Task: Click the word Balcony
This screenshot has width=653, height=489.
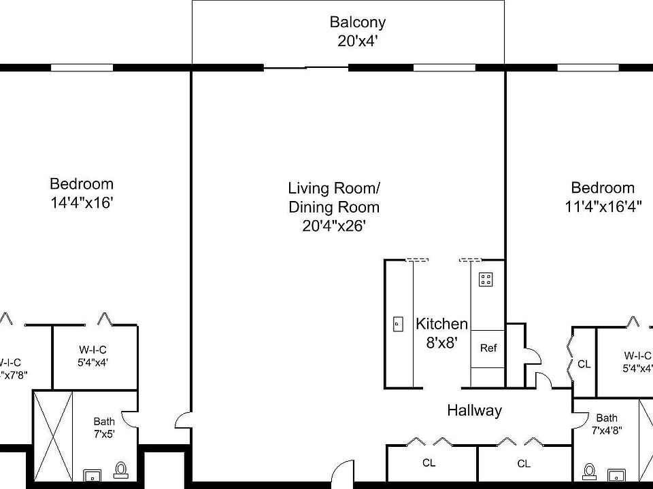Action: click(x=358, y=22)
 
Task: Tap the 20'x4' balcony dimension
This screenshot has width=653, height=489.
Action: click(x=358, y=41)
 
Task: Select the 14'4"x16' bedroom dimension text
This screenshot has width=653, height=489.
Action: click(x=82, y=202)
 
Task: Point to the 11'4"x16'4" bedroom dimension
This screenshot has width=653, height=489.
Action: click(x=603, y=206)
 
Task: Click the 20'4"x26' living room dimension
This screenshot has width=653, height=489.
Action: click(x=334, y=226)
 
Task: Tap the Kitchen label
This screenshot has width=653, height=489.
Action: click(x=441, y=324)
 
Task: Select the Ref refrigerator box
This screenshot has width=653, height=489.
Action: click(x=488, y=348)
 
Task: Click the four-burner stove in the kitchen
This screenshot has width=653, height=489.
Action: click(x=486, y=278)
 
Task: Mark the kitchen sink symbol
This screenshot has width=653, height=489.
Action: click(x=398, y=324)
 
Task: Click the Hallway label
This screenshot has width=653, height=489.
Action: click(x=474, y=410)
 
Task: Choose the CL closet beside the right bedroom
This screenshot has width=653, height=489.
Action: click(x=584, y=364)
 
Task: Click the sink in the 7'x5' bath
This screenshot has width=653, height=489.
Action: click(x=90, y=474)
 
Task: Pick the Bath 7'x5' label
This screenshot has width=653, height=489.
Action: click(x=104, y=427)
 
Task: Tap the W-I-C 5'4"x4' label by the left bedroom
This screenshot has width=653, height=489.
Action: click(x=93, y=356)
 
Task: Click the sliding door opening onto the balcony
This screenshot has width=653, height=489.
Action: click(x=306, y=67)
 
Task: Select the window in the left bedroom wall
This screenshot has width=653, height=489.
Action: click(x=82, y=67)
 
